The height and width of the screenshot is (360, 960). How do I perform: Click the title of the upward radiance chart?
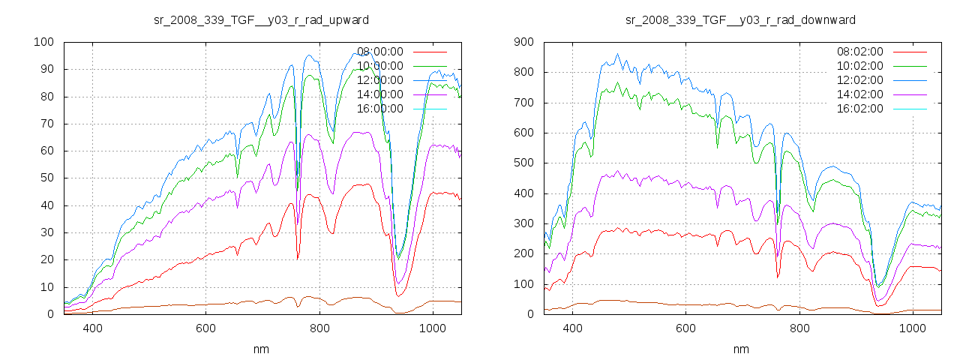pos(261,19)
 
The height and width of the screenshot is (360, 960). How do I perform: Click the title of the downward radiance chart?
pos(741,19)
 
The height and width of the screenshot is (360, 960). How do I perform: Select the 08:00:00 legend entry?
pos(380,52)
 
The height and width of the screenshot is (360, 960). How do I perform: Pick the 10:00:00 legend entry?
pos(380,66)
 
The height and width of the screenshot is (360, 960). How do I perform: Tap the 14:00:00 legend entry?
pos(380,94)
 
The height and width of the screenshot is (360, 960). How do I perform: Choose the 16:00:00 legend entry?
pos(380,109)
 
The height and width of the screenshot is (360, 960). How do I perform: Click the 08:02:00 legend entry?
pos(860,52)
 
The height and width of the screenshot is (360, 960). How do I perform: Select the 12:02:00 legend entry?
pos(860,80)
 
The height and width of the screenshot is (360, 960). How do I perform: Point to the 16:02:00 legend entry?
pos(860,109)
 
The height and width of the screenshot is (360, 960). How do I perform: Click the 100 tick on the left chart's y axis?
pos(43,42)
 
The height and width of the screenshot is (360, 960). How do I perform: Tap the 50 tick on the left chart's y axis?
pos(46,178)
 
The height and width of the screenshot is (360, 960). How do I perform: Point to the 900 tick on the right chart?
pos(523,42)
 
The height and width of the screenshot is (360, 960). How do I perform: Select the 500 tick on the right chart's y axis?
pos(523,163)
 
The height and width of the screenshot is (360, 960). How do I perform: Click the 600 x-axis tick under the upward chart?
pos(206,328)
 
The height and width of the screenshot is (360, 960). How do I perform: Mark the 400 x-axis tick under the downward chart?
pos(572,328)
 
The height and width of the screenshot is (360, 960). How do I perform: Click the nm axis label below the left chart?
pos(261,349)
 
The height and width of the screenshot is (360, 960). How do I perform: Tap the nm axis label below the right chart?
pos(741,349)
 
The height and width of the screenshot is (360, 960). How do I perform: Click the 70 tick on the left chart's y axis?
pos(46,124)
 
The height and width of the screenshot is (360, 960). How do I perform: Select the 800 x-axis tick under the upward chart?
pos(319,328)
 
